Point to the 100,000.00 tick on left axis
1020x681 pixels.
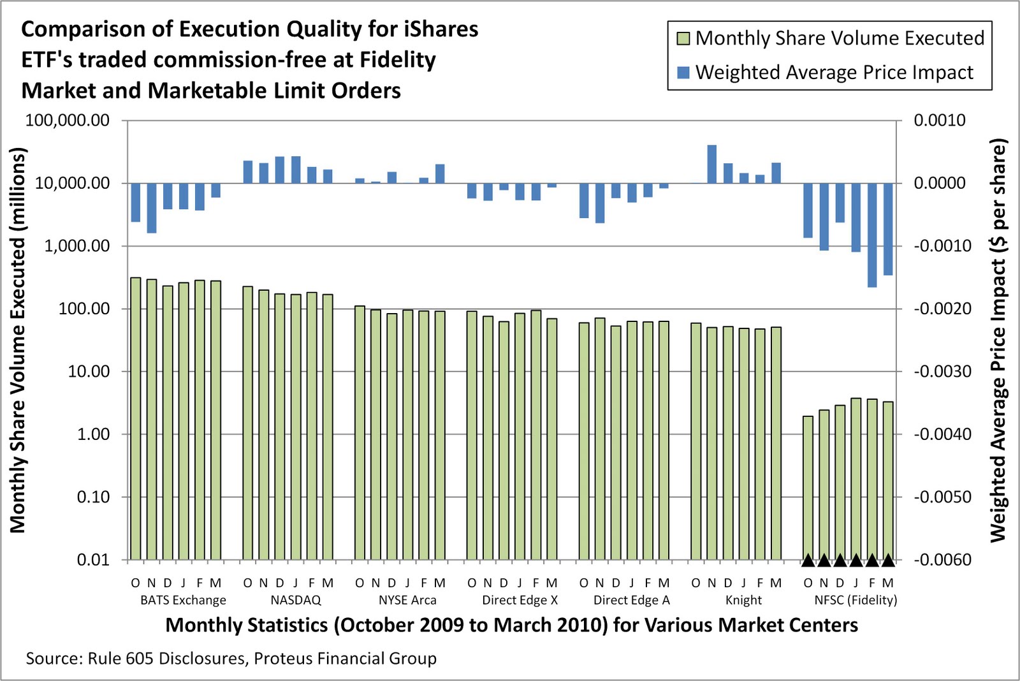[x=67, y=121]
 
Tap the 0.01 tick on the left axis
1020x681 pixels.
[x=93, y=560]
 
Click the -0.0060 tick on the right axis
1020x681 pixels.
[x=943, y=560]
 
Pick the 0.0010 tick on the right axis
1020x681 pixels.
[x=939, y=121]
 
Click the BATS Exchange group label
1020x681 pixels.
[x=183, y=600]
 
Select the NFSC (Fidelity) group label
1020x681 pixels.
[x=856, y=600]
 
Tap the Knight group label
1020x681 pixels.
[x=743, y=600]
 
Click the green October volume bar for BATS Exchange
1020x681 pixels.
[x=136, y=418]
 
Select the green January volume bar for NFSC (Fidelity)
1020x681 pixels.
[x=856, y=478]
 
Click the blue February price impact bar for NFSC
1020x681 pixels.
[x=872, y=235]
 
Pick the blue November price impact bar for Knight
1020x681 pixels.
[x=712, y=165]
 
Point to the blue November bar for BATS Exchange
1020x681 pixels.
[x=152, y=208]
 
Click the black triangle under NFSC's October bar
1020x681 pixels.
[x=808, y=560]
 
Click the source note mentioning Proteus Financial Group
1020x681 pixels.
[x=231, y=659]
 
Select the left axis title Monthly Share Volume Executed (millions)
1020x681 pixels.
[x=18, y=340]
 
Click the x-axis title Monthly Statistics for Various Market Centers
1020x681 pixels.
[x=511, y=625]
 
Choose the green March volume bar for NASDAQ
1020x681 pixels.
[x=328, y=427]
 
